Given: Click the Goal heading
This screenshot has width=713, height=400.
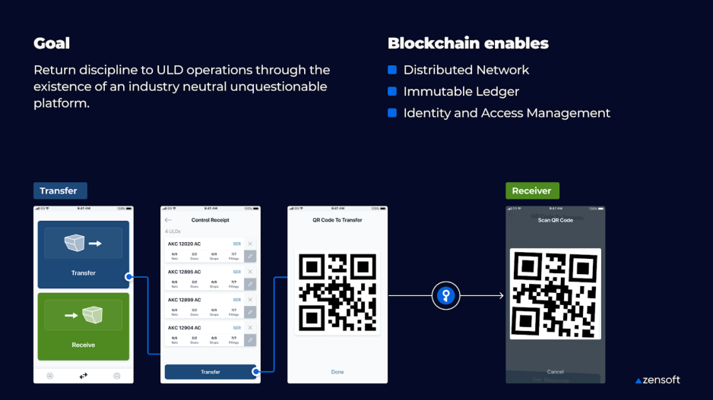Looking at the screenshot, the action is [x=52, y=43].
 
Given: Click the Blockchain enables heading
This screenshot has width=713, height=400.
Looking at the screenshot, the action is [x=467, y=43].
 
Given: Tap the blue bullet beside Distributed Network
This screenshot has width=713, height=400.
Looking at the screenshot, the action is [x=392, y=70].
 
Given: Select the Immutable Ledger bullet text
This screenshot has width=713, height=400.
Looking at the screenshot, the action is [x=461, y=92].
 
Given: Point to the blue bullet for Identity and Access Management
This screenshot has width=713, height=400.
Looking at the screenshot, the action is [x=392, y=113].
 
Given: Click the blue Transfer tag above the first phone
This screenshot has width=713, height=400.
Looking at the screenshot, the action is [x=59, y=191].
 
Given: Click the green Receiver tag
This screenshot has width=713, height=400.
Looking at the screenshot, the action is [x=531, y=191].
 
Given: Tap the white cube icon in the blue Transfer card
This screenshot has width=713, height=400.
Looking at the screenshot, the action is [x=74, y=243].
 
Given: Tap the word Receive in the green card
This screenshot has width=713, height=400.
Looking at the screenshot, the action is [x=84, y=345].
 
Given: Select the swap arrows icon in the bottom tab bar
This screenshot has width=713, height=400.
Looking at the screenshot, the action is [x=84, y=375].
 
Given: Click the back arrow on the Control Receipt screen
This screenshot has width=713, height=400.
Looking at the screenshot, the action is [x=169, y=220].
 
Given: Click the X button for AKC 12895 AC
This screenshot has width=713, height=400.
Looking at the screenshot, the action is [x=250, y=271].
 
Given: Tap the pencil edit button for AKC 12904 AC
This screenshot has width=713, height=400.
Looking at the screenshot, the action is [x=250, y=340].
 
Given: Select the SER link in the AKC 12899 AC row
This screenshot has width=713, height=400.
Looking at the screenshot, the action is [x=236, y=299].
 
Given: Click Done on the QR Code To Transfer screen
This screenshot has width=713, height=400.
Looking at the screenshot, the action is [x=337, y=372].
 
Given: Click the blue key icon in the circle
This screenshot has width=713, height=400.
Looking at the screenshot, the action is [x=446, y=295].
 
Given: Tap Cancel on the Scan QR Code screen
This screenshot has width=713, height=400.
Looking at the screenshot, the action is [x=556, y=371].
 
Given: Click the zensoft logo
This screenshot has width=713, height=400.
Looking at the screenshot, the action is [x=658, y=380].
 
